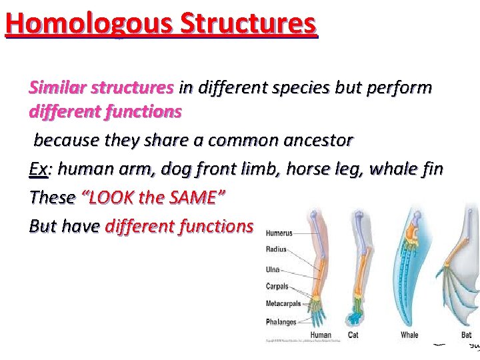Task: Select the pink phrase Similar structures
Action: tap(101, 87)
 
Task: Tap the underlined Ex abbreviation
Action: tap(38, 169)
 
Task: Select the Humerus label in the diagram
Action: tap(279, 233)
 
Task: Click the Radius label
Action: tap(276, 250)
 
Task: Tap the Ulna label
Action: tap(273, 270)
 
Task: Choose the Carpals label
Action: tap(277, 287)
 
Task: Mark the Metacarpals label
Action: tap(283, 304)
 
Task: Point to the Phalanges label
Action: tap(281, 322)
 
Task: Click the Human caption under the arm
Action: tap(321, 335)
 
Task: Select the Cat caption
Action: tap(353, 335)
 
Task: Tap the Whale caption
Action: tap(409, 335)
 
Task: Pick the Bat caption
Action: tap(466, 335)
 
